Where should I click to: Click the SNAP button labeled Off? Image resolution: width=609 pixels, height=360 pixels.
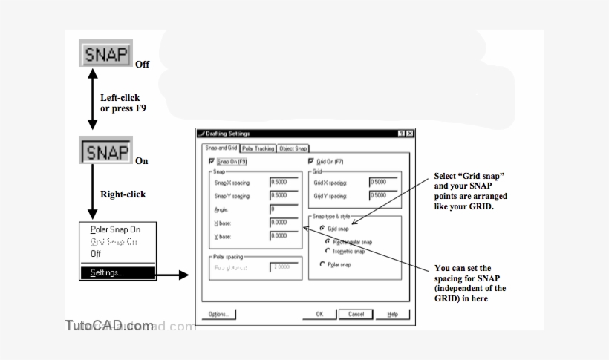(x=105, y=54)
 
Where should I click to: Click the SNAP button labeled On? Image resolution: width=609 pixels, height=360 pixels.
(x=105, y=151)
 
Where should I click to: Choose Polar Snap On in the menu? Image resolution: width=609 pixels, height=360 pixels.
(x=115, y=229)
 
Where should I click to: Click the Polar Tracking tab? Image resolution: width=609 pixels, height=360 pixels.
(x=258, y=148)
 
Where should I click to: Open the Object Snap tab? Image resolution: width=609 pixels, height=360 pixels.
(x=293, y=148)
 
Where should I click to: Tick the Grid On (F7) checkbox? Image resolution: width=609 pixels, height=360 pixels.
(x=311, y=161)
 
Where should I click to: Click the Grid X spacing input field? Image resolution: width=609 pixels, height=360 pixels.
(x=383, y=182)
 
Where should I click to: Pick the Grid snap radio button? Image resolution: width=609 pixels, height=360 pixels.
(x=322, y=229)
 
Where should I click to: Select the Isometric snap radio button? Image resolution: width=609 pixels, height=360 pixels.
(x=328, y=251)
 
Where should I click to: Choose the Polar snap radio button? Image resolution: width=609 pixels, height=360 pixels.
(x=322, y=264)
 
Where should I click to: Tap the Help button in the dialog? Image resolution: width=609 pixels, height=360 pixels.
(x=394, y=314)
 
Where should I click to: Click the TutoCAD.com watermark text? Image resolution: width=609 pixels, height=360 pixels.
(x=109, y=326)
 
